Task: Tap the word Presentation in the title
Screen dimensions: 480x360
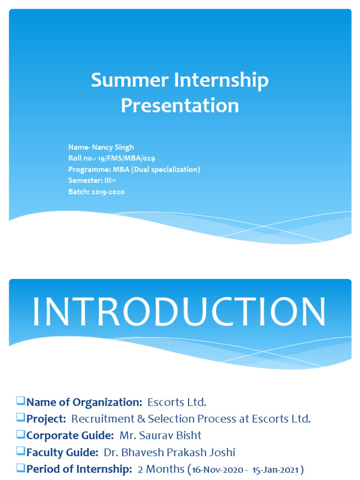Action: coord(180,105)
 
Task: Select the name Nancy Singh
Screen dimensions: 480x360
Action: coord(113,147)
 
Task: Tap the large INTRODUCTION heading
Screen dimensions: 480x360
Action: coord(180,312)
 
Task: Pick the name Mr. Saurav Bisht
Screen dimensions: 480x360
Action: coord(160,435)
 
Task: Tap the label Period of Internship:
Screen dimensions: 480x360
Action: coord(79,469)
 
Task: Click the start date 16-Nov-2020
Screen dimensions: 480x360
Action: coord(217,470)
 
